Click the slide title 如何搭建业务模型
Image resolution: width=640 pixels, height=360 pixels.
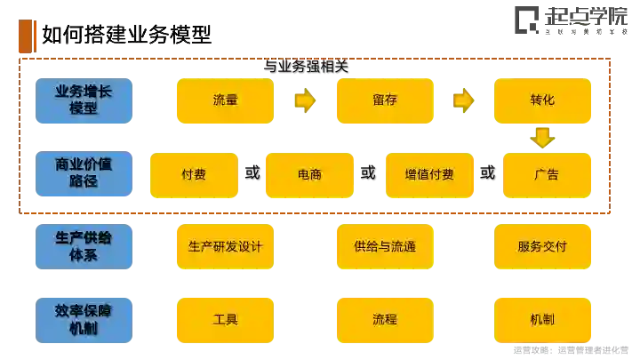(127, 35)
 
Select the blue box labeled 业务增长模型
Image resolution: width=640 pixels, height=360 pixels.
(84, 100)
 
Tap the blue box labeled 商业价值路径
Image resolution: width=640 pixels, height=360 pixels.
(84, 173)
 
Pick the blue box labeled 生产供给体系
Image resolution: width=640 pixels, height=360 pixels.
(84, 246)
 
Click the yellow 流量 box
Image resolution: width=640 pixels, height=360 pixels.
(226, 100)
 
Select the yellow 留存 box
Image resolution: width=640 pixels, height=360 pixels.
(384, 100)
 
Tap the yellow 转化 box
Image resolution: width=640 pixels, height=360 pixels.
(541, 100)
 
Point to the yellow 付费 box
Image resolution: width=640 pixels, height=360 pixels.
(194, 174)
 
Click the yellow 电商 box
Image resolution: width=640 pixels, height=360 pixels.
(309, 174)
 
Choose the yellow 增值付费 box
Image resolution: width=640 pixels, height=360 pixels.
(429, 174)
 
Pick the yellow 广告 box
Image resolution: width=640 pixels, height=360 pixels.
(546, 174)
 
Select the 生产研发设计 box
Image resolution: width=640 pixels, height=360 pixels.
(226, 246)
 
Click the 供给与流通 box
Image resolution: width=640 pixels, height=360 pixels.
(384, 246)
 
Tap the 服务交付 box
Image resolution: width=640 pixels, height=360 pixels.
(541, 246)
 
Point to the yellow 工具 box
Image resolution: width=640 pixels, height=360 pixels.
(226, 319)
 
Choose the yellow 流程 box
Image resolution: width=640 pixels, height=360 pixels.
(384, 319)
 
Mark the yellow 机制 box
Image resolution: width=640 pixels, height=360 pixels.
(541, 319)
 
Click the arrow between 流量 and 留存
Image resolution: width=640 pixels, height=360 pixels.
(305, 100)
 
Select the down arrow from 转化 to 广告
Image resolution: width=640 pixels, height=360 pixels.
(541, 138)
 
